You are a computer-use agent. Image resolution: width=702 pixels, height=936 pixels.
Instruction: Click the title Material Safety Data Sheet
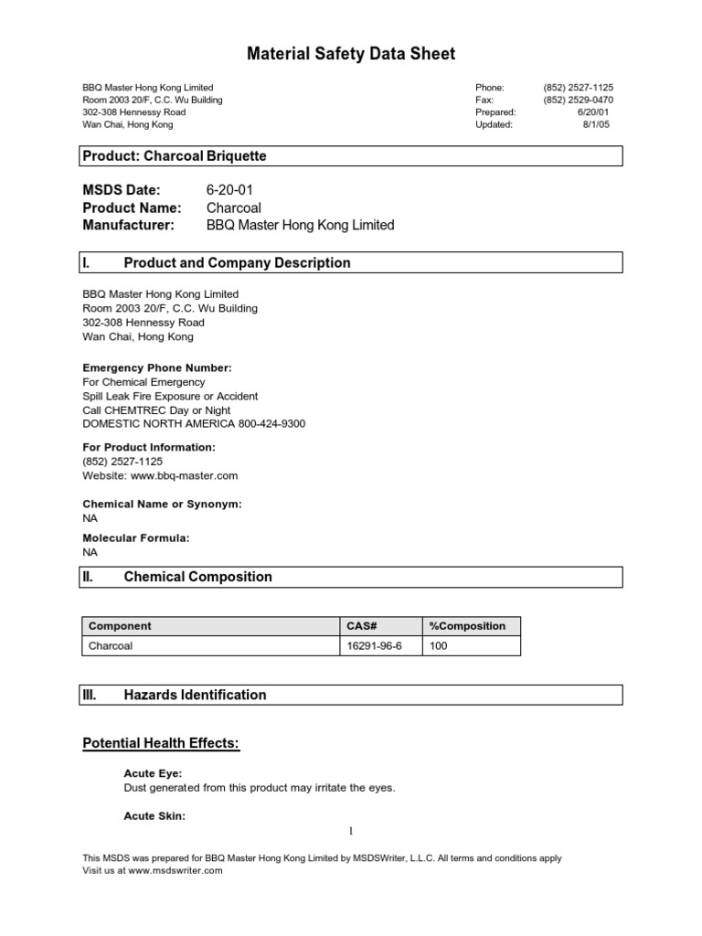pos(351,54)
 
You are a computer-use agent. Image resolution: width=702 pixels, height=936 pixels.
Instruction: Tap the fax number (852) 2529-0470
pos(578,100)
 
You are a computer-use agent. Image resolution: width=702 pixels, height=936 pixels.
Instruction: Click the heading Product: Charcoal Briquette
pos(175,156)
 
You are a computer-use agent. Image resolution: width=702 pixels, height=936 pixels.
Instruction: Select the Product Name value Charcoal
pos(234,207)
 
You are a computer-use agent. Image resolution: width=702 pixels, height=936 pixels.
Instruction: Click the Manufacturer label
pos(128,225)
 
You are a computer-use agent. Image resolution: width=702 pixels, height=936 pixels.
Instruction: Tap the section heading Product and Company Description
pos(237,263)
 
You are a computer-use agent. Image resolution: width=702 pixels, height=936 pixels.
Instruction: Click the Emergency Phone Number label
pos(157,367)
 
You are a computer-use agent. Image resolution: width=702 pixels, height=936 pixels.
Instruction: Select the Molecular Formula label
pos(136,538)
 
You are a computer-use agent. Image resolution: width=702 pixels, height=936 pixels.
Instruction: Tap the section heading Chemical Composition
pos(197,577)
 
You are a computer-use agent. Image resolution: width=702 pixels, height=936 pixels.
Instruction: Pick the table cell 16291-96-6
pos(374,645)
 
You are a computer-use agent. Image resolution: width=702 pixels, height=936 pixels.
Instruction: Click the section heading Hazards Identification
pos(195,695)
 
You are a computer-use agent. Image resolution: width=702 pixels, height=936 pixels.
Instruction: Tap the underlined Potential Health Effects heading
pos(161,744)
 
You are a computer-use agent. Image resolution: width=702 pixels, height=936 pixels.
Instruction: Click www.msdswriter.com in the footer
pos(175,871)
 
